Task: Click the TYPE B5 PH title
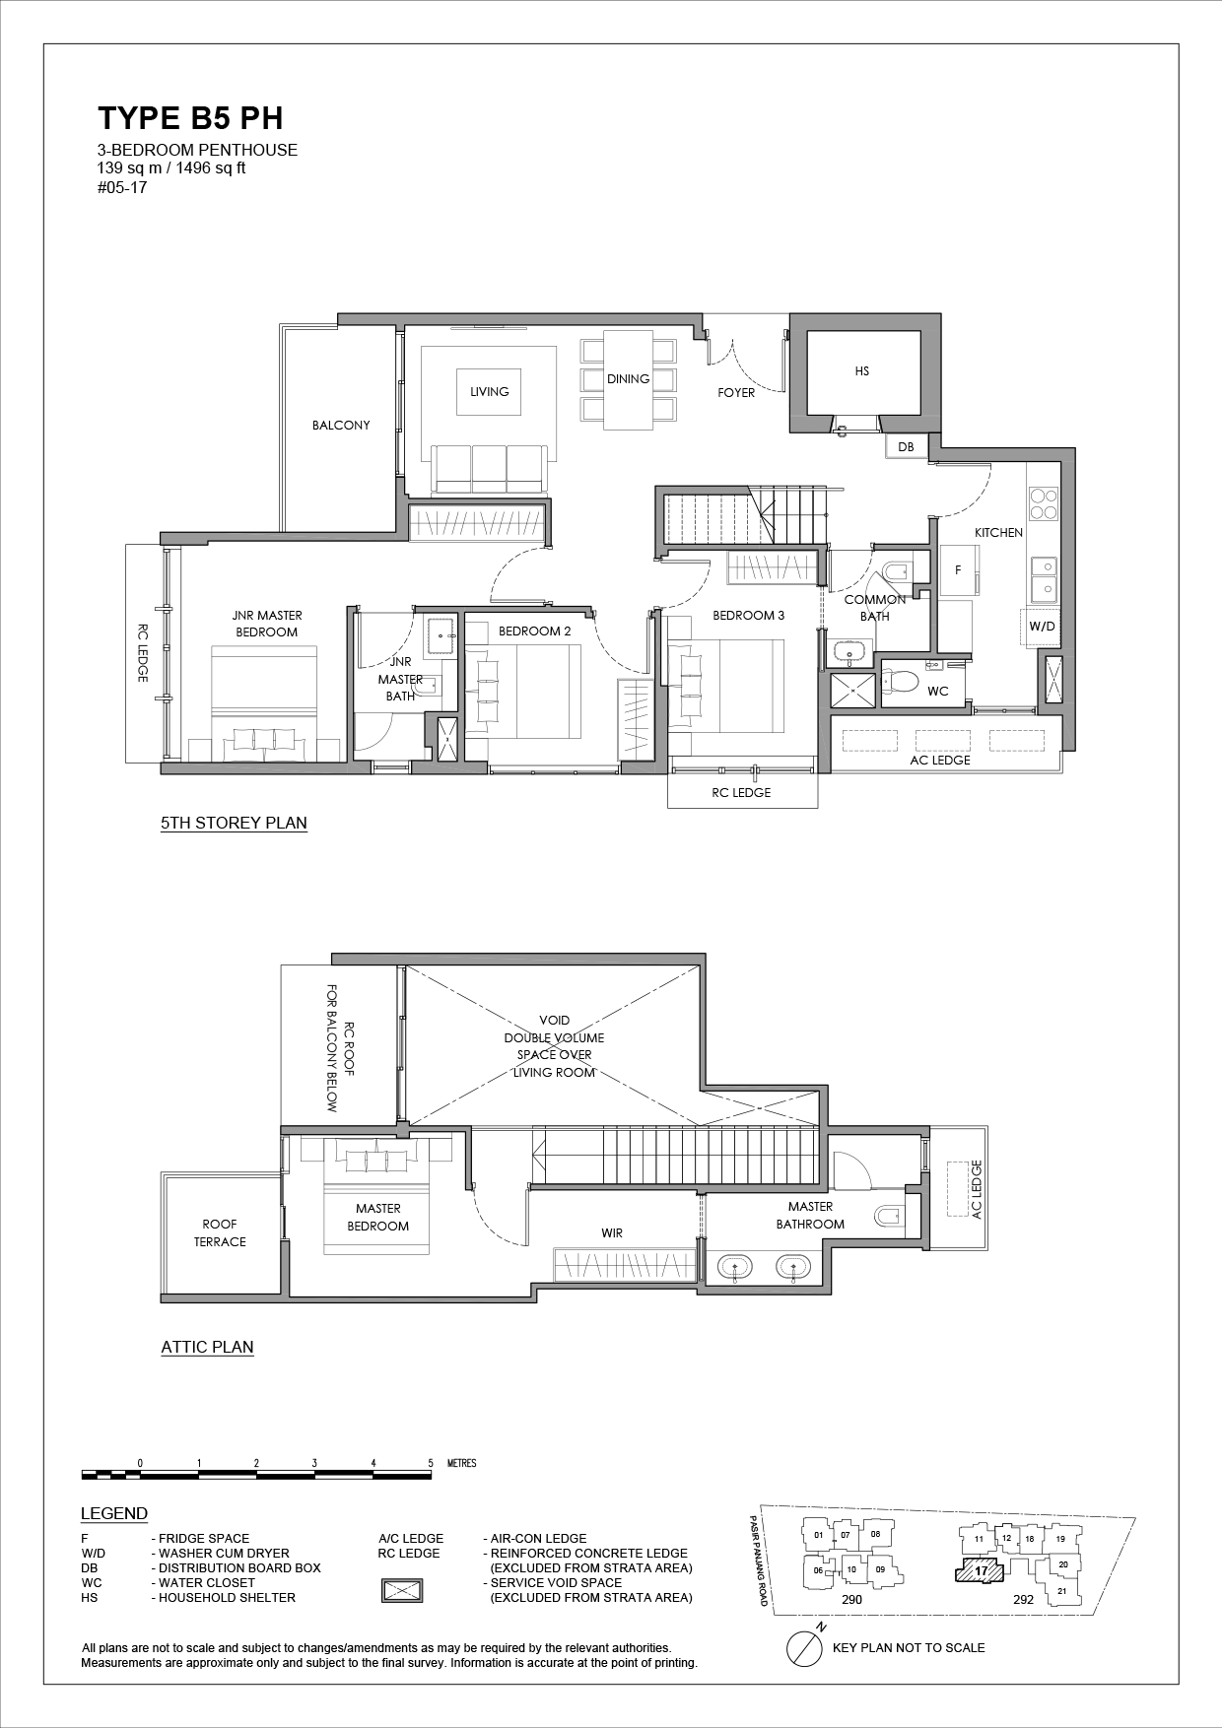[190, 118]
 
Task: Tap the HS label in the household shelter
[862, 371]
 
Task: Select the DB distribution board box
[906, 446]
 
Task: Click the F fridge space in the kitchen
[957, 570]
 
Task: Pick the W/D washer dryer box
[1041, 627]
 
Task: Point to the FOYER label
[736, 392]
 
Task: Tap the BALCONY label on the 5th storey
[341, 426]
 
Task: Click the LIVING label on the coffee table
[490, 392]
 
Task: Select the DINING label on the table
[628, 378]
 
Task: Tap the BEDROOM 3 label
[749, 616]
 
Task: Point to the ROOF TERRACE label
[220, 1233]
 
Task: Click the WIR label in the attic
[612, 1232]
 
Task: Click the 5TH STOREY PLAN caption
[234, 824]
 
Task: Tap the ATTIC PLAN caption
[207, 1348]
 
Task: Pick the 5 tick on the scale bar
[431, 1463]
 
